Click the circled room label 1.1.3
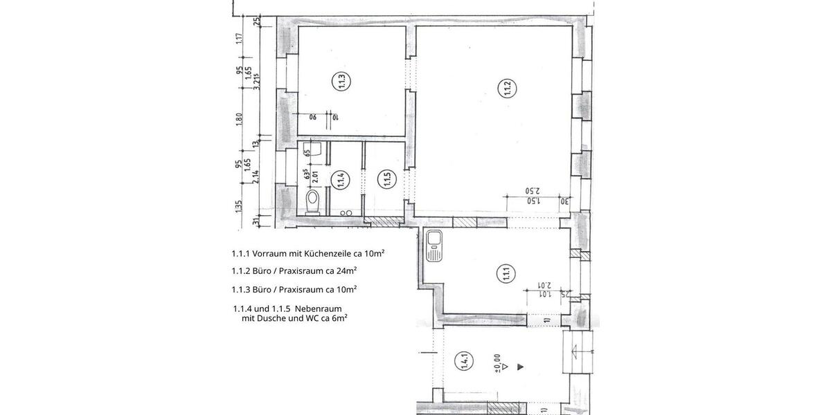341,82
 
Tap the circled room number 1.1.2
506,89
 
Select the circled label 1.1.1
503,275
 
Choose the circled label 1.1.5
387,181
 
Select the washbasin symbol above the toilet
314,149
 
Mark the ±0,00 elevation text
497,365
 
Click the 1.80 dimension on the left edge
239,119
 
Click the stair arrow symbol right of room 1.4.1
577,351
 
